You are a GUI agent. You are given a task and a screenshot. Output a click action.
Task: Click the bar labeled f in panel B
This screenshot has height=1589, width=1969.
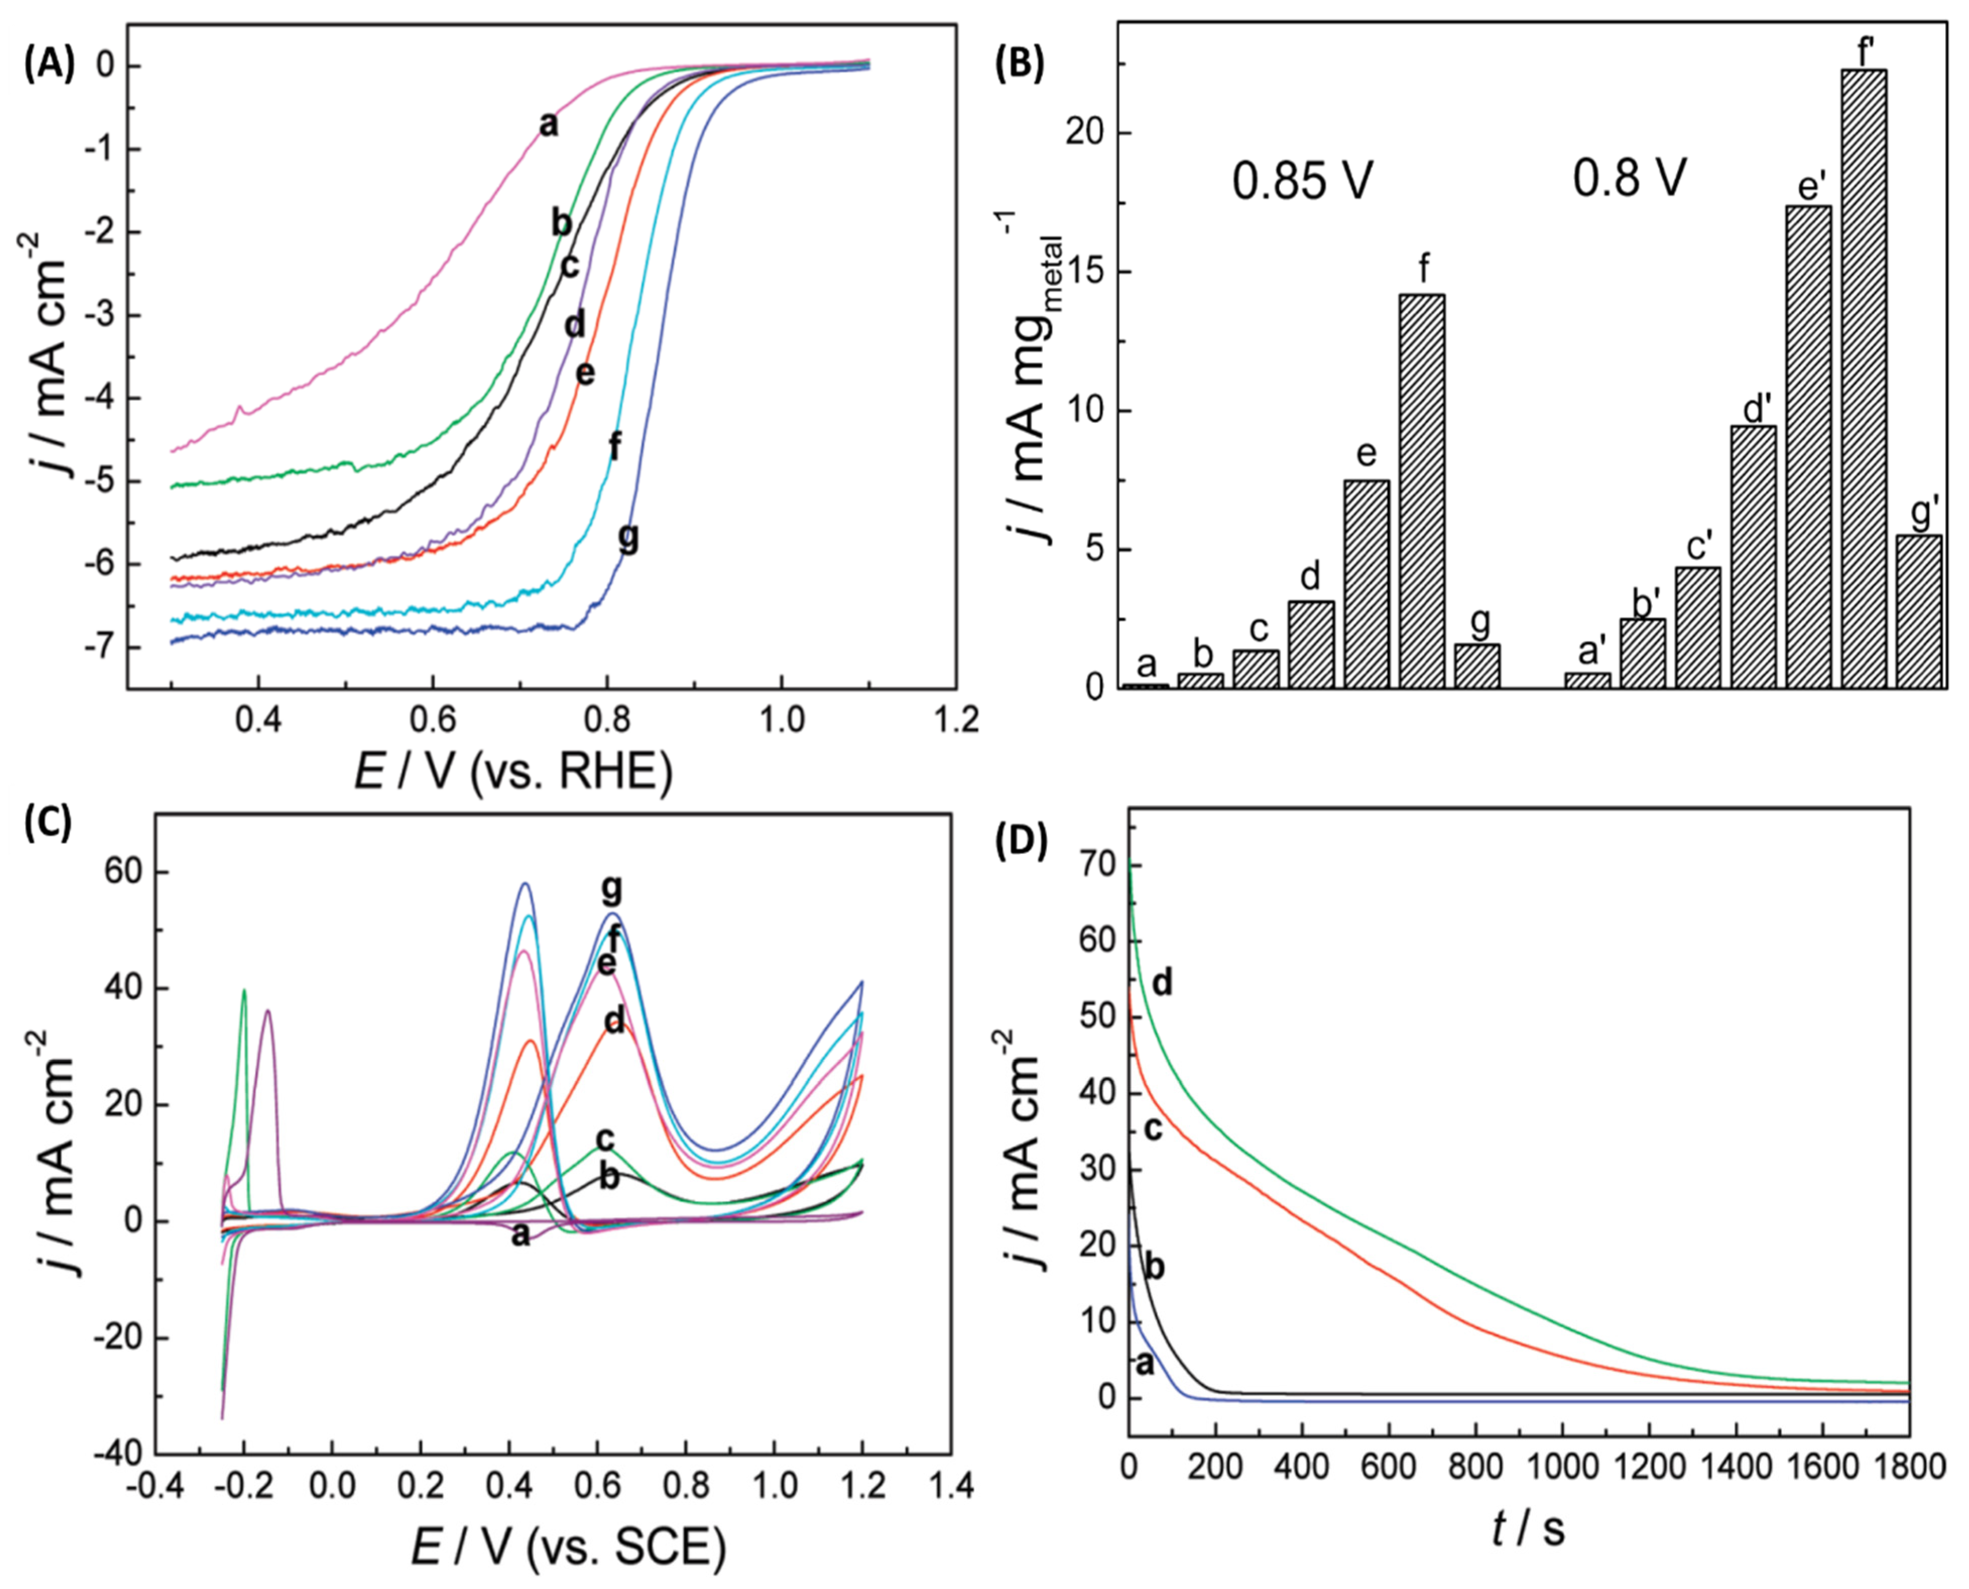[1423, 491]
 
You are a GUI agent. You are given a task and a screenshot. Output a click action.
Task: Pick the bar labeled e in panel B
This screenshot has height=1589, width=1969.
[1367, 584]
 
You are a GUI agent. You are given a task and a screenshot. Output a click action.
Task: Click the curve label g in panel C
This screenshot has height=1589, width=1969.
[611, 889]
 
